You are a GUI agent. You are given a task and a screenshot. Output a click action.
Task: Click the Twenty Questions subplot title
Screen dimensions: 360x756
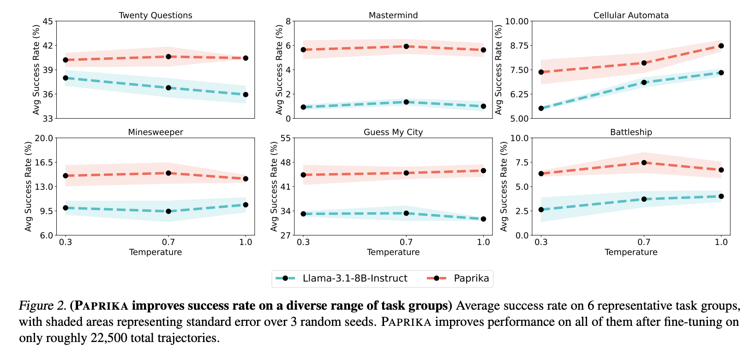click(x=156, y=15)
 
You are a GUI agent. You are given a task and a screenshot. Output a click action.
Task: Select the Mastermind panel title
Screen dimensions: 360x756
click(x=393, y=15)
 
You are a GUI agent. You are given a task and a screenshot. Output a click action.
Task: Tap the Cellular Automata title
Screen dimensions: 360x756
click(x=631, y=15)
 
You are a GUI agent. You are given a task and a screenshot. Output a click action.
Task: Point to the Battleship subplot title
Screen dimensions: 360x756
click(x=631, y=132)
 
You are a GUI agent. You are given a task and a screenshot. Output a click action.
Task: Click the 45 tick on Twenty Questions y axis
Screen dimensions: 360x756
click(x=48, y=21)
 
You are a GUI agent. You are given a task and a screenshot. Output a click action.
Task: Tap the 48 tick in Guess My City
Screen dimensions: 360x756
click(x=285, y=162)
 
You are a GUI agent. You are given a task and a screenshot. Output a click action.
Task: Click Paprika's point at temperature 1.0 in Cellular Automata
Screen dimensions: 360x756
click(x=721, y=46)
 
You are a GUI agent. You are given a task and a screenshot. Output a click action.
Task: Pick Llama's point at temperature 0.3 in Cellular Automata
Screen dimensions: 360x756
click(x=541, y=108)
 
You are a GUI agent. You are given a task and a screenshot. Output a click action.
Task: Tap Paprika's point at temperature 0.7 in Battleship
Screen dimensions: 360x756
click(x=644, y=162)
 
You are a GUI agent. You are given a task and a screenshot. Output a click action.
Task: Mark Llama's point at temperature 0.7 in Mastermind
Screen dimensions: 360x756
click(x=406, y=102)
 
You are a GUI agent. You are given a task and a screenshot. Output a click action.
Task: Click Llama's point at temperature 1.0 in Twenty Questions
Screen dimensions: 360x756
click(x=246, y=95)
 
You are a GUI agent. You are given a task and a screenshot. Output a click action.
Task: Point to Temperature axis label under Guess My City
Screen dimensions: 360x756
click(x=393, y=252)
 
